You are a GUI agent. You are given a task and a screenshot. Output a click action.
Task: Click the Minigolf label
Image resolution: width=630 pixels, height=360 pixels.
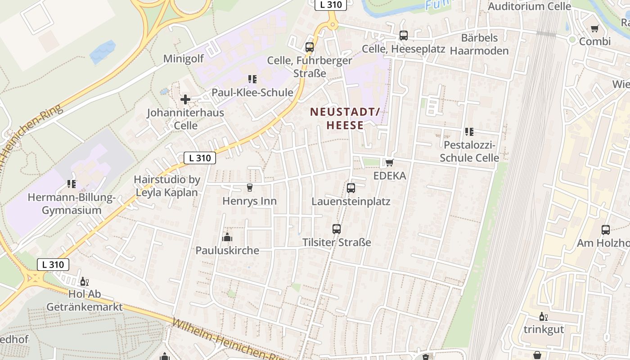[x=183, y=58]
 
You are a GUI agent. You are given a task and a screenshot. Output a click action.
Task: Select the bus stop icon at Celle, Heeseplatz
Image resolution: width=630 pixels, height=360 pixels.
[x=404, y=36]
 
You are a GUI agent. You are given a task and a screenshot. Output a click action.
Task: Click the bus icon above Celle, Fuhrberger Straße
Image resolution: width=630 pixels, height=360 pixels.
[x=309, y=47]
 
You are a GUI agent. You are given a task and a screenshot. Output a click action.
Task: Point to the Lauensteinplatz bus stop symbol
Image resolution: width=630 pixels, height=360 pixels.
[x=351, y=188]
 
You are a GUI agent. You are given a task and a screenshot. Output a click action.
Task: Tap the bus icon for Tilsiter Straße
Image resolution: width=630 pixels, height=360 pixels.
[x=337, y=229]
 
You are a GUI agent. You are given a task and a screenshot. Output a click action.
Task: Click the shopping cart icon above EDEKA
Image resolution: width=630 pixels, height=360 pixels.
[x=389, y=162]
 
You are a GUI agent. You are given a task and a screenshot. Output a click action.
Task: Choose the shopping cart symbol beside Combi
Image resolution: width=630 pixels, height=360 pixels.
[x=595, y=28]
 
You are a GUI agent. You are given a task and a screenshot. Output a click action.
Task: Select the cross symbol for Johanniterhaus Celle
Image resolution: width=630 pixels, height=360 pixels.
[x=185, y=99]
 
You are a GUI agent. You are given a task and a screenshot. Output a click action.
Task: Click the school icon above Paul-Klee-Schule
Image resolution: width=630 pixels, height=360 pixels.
[x=252, y=79]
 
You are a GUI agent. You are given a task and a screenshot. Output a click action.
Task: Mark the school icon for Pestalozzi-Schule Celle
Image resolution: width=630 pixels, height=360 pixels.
[x=469, y=132]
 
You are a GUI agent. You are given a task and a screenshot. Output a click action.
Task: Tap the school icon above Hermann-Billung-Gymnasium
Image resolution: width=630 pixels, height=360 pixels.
[x=72, y=184]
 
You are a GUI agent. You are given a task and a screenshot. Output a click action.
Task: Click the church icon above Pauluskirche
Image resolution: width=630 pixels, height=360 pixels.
[x=227, y=237]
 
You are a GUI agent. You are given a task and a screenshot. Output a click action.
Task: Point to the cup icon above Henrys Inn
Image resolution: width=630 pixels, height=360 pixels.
[x=250, y=187]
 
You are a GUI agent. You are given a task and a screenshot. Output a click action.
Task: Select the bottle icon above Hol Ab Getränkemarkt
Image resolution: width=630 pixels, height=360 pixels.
[x=84, y=282]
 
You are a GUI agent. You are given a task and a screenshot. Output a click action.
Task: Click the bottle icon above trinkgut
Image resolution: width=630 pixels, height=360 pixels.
[x=543, y=316]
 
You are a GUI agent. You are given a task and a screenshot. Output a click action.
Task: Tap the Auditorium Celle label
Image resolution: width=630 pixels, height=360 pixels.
[x=529, y=6]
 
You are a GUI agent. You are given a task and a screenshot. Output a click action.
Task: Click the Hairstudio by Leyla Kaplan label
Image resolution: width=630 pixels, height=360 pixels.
[x=166, y=186]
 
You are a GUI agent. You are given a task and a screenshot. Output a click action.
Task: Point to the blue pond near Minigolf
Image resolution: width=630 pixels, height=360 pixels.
[x=103, y=52]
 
